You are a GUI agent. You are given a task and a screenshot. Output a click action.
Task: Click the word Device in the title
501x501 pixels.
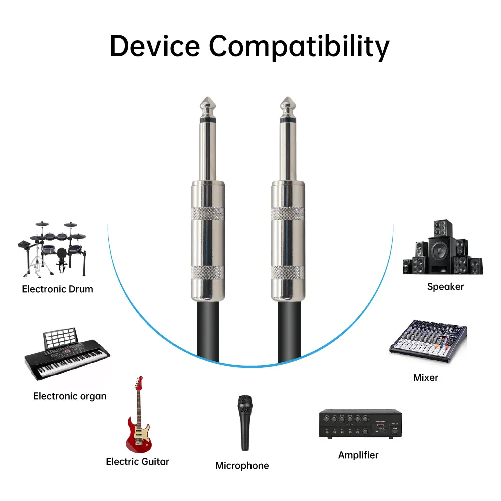[x=155, y=46]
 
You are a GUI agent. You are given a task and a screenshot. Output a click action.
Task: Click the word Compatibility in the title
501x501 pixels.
[x=300, y=47]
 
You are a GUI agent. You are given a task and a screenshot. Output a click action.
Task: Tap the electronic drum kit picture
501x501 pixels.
[x=52, y=248]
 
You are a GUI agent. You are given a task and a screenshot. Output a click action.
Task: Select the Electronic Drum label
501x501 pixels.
[x=58, y=289]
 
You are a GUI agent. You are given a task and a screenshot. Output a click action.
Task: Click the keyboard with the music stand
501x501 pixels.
[x=67, y=354]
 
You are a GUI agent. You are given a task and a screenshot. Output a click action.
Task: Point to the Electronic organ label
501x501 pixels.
[x=70, y=396]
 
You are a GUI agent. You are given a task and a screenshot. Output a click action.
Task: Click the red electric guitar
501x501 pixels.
[x=138, y=415]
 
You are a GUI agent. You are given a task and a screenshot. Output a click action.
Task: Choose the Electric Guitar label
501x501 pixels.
[x=137, y=462]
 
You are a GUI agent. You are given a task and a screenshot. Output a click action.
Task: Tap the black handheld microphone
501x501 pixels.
[x=245, y=423]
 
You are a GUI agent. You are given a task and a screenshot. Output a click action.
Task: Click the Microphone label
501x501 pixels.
[x=242, y=466]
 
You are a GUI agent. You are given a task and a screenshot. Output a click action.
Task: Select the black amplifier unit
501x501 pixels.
[x=360, y=424]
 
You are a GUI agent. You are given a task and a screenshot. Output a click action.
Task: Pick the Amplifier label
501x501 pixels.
[x=358, y=455]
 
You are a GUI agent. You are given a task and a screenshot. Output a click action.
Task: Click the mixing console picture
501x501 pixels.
[x=428, y=341]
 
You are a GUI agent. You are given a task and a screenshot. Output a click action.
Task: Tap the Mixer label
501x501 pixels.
[x=425, y=378]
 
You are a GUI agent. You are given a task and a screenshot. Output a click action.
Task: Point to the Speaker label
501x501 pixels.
[x=446, y=287]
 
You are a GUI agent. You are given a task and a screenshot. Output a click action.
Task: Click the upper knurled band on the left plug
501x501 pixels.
[x=208, y=214]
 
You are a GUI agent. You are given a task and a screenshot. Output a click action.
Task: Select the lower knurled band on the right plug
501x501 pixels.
[x=288, y=272]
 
